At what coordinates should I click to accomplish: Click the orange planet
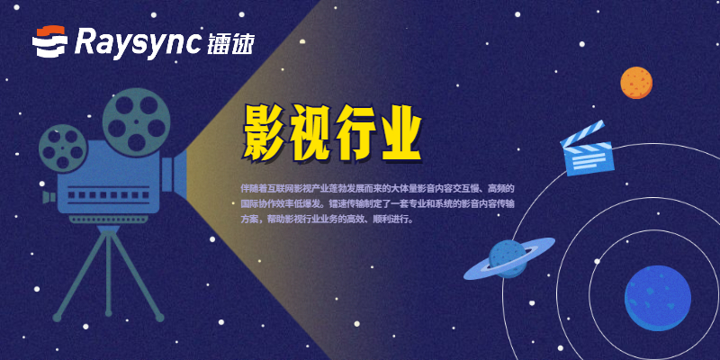click(636, 83)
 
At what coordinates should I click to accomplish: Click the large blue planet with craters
click(663, 297)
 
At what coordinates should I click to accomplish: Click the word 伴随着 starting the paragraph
click(256, 188)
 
